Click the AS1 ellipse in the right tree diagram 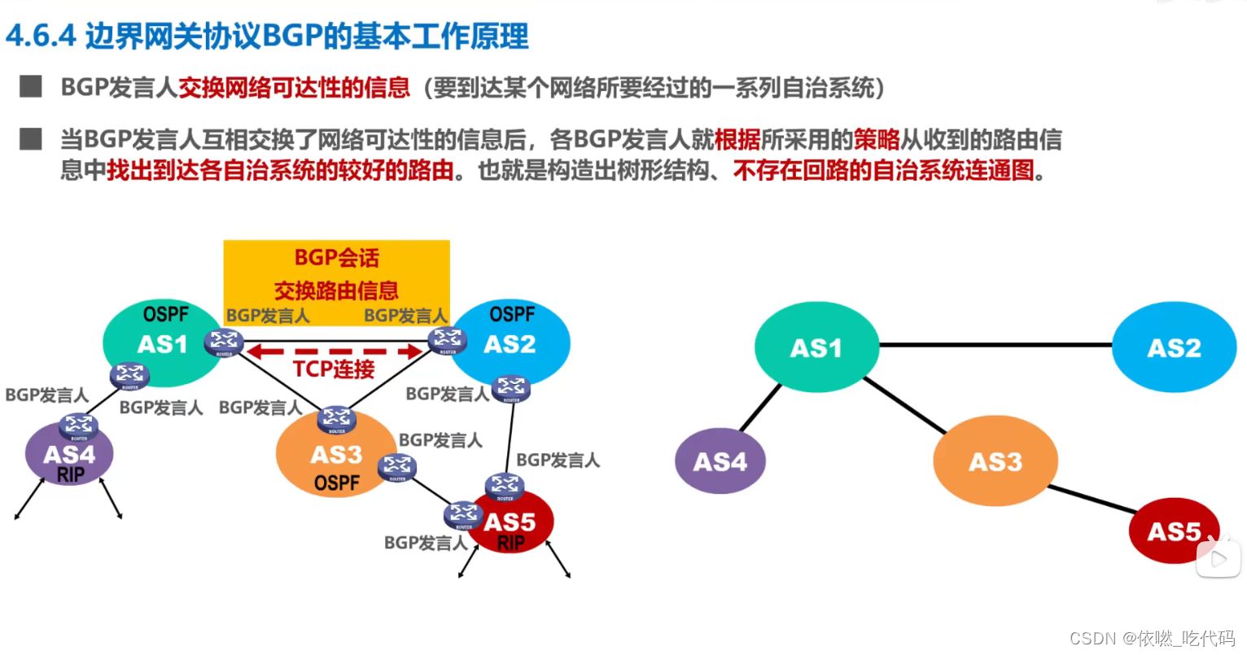pos(816,347)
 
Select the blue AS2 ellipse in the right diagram pos(1174,347)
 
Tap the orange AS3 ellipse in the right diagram pos(995,461)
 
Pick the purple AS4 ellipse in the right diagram pos(720,461)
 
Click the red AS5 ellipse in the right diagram pos(1173,531)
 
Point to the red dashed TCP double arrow pos(335,352)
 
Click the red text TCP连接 pos(334,369)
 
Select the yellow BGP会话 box pos(336,274)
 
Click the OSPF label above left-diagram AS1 pos(165,314)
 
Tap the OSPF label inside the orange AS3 pos(336,483)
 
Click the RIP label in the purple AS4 pos(71,474)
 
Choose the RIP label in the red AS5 pos(510,543)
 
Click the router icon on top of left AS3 pos(336,418)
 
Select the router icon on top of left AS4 pos(79,425)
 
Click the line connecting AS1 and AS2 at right pos(995,345)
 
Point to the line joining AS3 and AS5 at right pos(1093,499)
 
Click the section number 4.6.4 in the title pos(40,37)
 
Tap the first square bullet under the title pos(31,86)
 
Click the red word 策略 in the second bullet pos(877,139)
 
